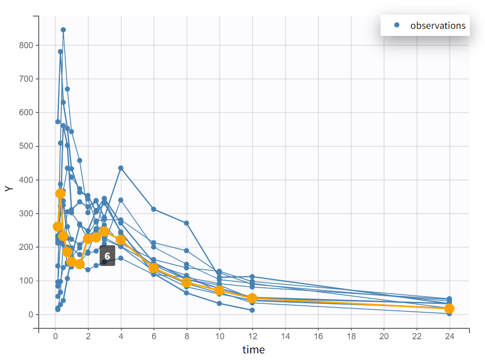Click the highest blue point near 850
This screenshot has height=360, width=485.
63,30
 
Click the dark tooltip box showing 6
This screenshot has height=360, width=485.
107,256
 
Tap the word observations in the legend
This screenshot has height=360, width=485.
438,26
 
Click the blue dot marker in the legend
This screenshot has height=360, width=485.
397,26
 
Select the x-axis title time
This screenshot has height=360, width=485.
254,350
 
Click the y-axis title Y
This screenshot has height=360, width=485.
8,188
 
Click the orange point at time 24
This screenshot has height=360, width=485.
449,309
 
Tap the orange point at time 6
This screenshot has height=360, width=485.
153,268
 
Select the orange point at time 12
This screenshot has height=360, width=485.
252,298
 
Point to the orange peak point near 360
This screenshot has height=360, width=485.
60,193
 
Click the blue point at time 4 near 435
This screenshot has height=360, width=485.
121,168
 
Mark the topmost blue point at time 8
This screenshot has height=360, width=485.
187,223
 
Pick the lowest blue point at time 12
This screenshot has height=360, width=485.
252,310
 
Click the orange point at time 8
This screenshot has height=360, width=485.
187,283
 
